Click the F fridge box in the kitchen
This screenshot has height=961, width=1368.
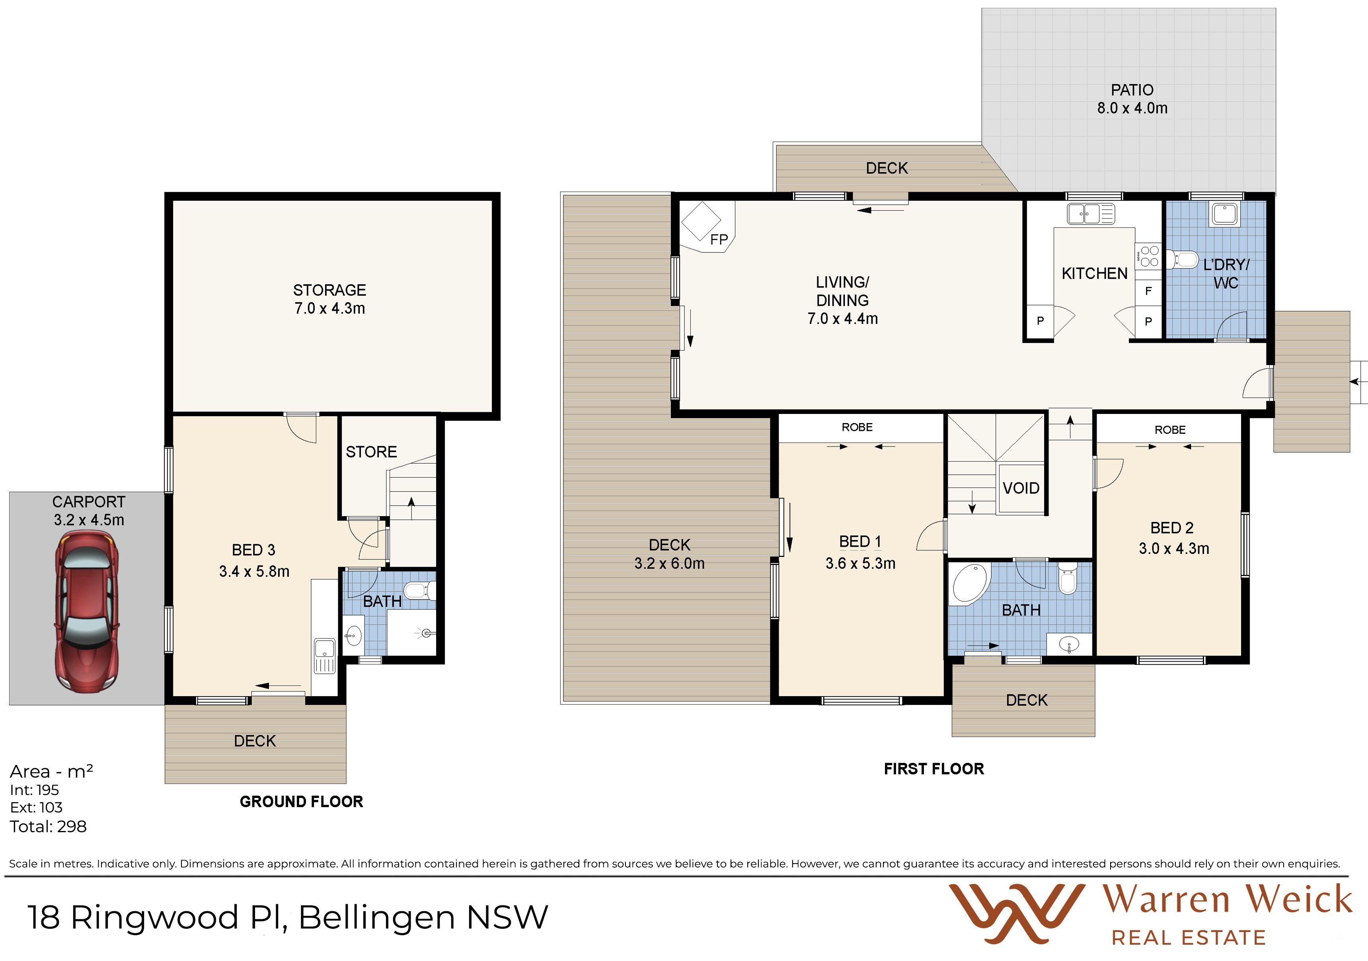point(1148,291)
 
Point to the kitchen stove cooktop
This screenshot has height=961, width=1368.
point(1148,256)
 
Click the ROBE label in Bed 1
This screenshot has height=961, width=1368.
point(857,427)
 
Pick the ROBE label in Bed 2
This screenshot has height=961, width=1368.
point(1169,430)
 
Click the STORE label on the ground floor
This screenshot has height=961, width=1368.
point(371,452)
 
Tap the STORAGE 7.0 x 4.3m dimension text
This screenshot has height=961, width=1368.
point(329,309)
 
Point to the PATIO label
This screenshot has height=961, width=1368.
point(1132,90)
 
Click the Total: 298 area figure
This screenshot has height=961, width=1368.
point(48,827)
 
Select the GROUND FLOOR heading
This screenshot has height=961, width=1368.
point(302,802)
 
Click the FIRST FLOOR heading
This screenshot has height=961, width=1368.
point(933,769)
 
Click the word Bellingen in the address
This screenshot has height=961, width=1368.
point(377,918)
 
